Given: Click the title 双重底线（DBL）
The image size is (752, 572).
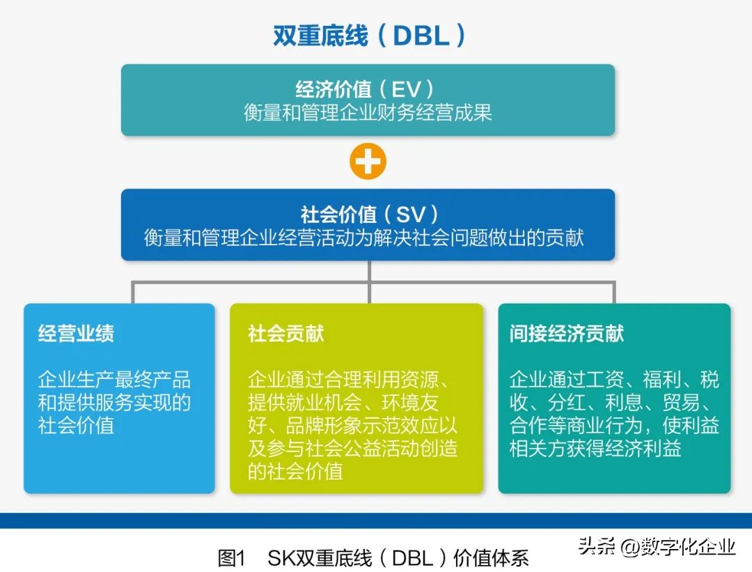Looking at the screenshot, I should point(368,35).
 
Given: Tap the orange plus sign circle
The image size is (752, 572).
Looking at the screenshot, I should point(368,162).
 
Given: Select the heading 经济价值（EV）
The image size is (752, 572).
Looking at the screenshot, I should point(368,89).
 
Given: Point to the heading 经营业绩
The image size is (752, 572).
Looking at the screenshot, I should point(76,334).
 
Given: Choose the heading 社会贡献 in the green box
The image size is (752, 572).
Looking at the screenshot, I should point(286,334).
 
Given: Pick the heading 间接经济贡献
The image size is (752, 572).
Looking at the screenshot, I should point(566,334).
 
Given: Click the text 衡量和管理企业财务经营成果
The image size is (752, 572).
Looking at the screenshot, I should point(368,112).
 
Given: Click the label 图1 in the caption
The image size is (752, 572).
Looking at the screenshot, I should point(232,557).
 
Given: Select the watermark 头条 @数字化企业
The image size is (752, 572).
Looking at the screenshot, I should point(657,546).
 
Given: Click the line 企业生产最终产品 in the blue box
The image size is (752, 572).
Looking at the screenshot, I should point(114,380).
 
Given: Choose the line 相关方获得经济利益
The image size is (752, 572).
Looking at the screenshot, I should point(595,448).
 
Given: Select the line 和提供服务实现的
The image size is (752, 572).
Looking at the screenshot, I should point(114,403).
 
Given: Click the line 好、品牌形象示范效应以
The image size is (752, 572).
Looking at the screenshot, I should point(352,426).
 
